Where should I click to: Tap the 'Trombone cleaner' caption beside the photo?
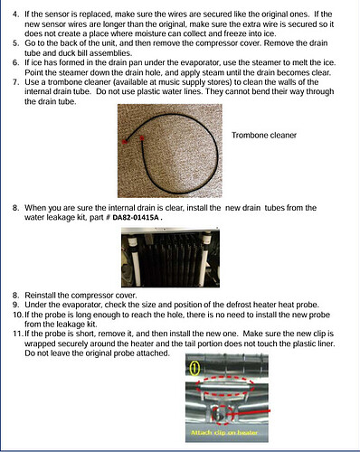(x=264, y=136)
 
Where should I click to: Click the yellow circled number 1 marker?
(x=195, y=368)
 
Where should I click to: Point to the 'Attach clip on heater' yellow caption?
(x=224, y=433)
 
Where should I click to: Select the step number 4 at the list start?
(x=15, y=14)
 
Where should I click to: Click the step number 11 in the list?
(x=18, y=334)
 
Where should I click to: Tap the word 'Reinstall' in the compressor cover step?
(x=40, y=295)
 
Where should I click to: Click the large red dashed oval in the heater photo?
(x=224, y=386)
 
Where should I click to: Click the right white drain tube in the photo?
(x=205, y=259)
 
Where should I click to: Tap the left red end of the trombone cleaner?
(x=124, y=141)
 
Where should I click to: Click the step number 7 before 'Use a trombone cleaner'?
(x=15, y=82)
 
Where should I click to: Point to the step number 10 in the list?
(x=18, y=315)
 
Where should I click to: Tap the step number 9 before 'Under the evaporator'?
(x=15, y=305)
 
